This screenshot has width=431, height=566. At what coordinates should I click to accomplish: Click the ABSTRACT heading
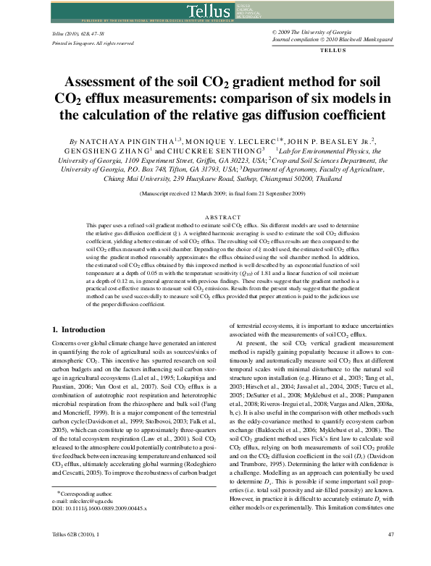tap(215, 216)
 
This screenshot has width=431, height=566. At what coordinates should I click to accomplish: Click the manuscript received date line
tap(215, 195)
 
